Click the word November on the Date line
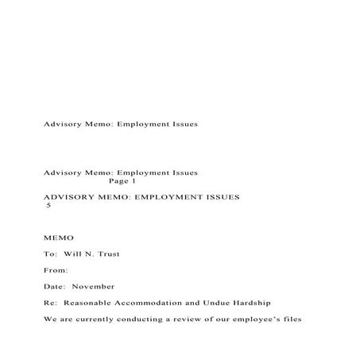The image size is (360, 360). point(95,286)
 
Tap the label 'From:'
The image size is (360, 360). point(56,270)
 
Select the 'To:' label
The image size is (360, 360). point(51,254)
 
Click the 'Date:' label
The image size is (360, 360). point(56,286)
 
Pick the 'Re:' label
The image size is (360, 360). point(51,303)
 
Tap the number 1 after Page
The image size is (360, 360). point(134,180)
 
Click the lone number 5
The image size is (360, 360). point(48,204)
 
